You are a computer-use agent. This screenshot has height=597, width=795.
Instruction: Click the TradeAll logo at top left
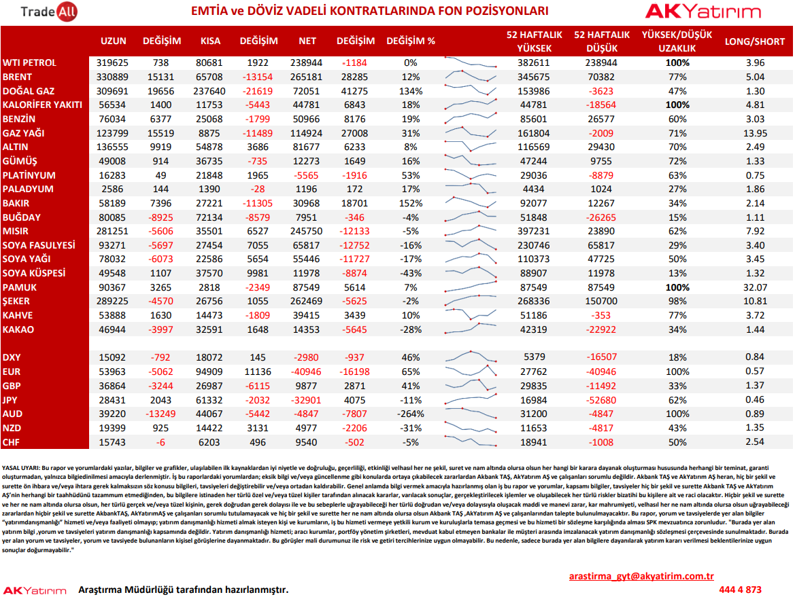tap(49, 11)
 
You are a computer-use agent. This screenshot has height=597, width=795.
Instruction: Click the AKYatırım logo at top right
tap(703, 11)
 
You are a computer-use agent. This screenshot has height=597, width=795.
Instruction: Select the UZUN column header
tap(113, 41)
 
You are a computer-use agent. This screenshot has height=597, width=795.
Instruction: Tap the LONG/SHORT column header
tap(754, 41)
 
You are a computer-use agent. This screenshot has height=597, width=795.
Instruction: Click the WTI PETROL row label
tap(29, 62)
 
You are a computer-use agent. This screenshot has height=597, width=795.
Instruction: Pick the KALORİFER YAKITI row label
tap(42, 105)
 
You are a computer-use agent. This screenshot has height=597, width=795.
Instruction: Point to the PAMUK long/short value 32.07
tap(755, 287)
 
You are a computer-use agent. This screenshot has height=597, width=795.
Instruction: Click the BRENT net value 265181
tap(306, 77)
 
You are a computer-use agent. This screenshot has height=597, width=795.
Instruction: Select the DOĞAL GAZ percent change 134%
tap(411, 91)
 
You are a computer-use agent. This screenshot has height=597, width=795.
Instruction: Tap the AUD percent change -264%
tap(411, 414)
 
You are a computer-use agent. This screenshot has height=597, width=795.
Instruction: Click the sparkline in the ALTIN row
tap(471, 147)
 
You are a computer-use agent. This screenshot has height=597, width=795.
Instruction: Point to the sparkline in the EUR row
tap(471, 371)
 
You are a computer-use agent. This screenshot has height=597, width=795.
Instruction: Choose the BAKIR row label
tap(16, 203)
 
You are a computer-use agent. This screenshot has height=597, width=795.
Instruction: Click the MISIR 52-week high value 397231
tap(534, 231)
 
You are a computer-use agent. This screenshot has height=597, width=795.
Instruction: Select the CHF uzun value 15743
tap(112, 442)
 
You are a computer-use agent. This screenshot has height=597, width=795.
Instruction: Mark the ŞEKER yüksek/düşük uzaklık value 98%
tap(677, 301)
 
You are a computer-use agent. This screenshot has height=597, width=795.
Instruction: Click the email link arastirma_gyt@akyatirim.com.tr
tap(641, 576)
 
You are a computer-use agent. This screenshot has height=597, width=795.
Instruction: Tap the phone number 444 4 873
tap(740, 590)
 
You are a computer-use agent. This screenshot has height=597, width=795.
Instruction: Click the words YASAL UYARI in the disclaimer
tap(20, 468)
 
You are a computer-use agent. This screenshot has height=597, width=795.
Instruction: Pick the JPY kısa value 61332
tap(209, 400)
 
